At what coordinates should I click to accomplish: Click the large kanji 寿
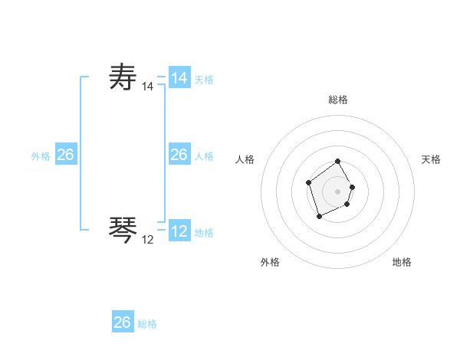[123, 78]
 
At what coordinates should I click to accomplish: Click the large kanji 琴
[123, 229]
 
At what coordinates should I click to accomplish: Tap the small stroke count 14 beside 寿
[147, 88]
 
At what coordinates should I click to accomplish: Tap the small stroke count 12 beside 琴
[147, 240]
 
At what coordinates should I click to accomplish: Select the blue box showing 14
[179, 78]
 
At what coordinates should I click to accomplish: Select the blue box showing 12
[179, 231]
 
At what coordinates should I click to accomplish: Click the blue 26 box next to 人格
[179, 155]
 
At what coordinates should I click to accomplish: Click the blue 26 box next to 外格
[66, 155]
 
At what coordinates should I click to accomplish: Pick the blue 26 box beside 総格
[123, 322]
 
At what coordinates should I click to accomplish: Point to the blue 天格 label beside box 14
[204, 80]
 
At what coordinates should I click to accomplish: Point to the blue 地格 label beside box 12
[204, 233]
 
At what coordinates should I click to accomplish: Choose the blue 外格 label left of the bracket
[41, 156]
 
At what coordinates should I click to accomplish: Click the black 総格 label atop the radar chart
[338, 100]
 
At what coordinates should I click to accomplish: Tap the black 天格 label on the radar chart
[431, 159]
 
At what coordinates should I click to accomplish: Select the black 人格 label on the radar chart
[245, 159]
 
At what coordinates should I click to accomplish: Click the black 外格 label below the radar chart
[270, 262]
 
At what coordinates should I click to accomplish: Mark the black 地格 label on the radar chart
[402, 262]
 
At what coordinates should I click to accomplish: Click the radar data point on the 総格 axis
[338, 162]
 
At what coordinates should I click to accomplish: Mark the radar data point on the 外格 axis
[319, 217]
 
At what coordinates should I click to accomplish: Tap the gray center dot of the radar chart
[338, 191]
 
